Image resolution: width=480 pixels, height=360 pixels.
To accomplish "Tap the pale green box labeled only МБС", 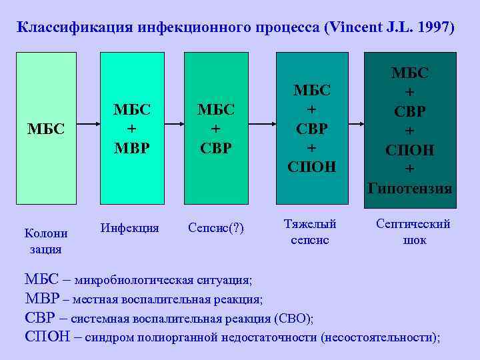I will [x=46, y=127].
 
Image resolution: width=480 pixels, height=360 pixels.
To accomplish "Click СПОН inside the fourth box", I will [x=313, y=165].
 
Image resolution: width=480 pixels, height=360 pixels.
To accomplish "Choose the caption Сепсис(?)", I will [x=216, y=229].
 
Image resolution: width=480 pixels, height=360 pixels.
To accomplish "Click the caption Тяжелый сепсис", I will [x=310, y=231].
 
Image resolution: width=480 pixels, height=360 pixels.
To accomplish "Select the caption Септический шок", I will [x=414, y=231].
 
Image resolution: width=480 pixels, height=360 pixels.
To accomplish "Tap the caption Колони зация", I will [x=45, y=241].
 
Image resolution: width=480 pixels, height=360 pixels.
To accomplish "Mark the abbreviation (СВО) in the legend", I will [x=293, y=317].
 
